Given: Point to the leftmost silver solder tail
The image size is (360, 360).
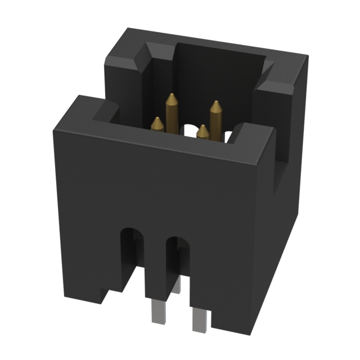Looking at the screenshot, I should (x=157, y=312).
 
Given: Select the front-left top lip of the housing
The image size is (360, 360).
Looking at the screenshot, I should (x=84, y=110).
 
